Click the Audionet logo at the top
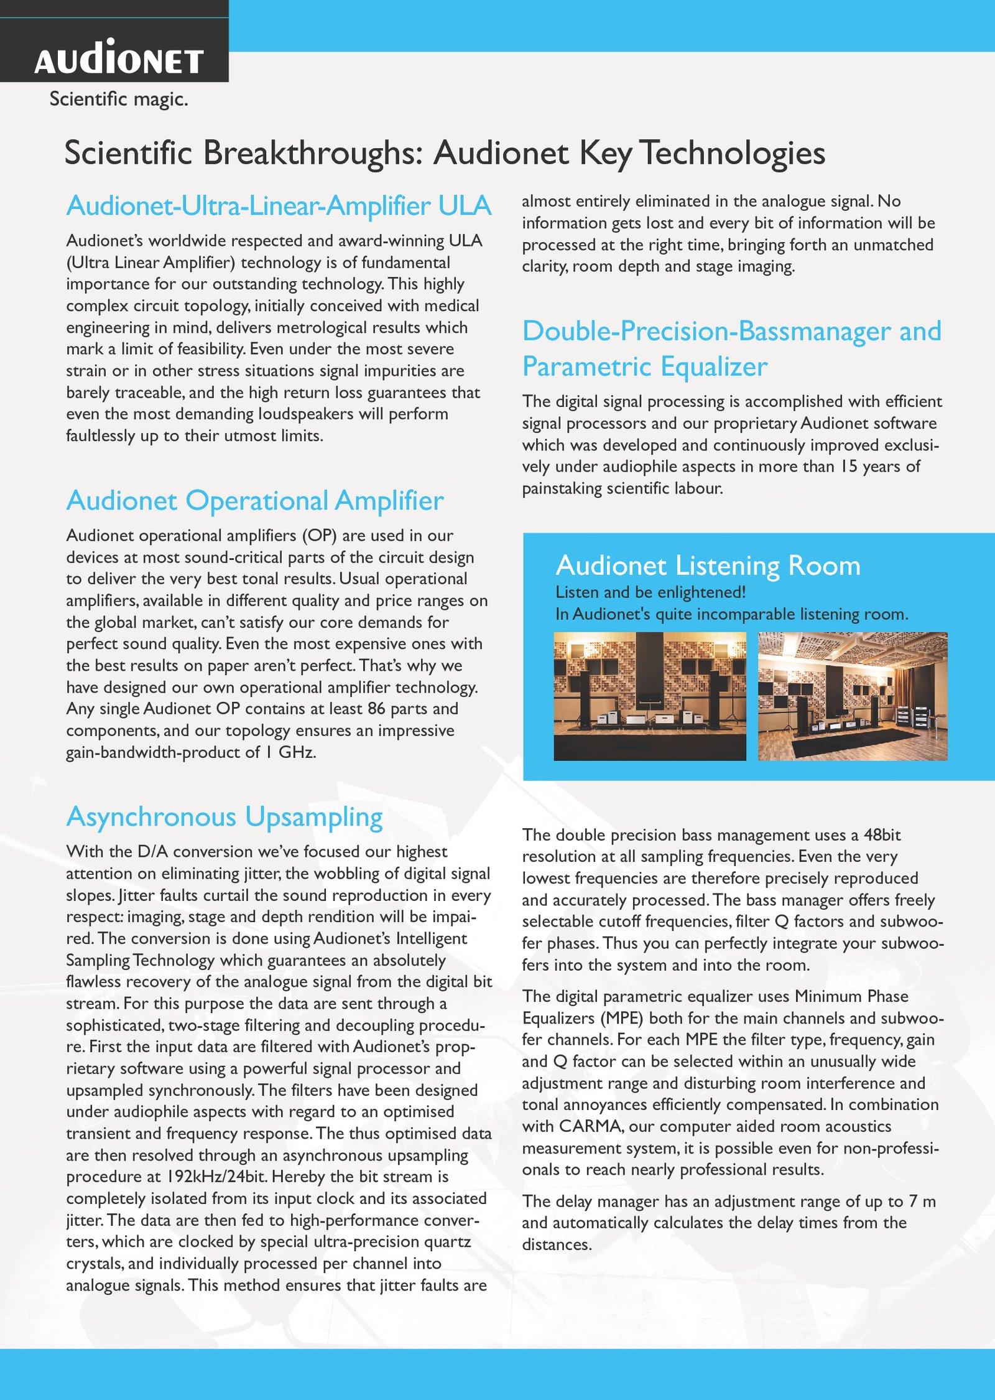click(119, 58)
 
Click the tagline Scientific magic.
click(119, 99)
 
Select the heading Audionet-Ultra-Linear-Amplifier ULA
click(279, 206)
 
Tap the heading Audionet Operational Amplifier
click(255, 501)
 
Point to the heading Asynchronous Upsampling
click(224, 817)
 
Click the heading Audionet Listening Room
click(708, 566)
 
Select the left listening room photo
click(650, 696)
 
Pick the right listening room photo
click(853, 696)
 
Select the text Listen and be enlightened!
click(650, 592)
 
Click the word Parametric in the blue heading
click(587, 366)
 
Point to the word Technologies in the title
click(733, 153)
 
